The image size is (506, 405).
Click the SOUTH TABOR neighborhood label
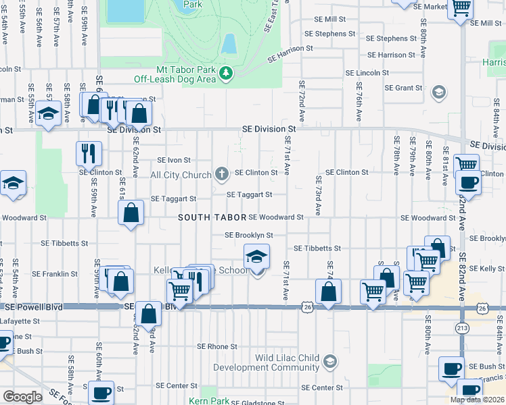point(210,218)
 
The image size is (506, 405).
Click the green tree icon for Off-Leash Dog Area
point(227,72)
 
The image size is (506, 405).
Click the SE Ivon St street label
point(175,161)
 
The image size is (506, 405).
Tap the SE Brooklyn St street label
point(249,236)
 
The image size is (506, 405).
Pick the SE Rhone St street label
point(217,346)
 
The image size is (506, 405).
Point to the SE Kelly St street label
point(482,269)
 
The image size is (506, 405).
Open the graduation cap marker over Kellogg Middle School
point(256,257)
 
